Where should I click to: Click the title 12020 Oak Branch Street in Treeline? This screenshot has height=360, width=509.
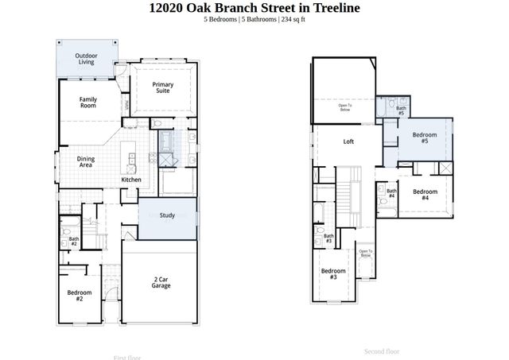click(254, 8)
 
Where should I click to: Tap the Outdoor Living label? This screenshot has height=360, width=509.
click(86, 58)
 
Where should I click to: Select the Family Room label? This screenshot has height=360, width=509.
click(87, 103)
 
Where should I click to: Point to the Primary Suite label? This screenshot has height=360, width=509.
click(164, 87)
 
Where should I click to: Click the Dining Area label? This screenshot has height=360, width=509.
click(86, 162)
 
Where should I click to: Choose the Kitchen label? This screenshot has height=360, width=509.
click(131, 180)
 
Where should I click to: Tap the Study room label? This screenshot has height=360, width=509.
click(167, 215)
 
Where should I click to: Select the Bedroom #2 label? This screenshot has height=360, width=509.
click(80, 296)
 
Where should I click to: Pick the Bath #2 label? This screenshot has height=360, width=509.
click(73, 241)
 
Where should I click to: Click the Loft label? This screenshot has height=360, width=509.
click(348, 142)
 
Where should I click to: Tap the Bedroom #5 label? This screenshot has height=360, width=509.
click(425, 137)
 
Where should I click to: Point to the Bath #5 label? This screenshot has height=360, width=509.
click(402, 110)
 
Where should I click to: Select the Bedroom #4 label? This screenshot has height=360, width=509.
click(425, 195)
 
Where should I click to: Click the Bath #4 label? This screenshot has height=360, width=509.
click(391, 193)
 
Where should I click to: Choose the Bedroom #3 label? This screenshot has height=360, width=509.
click(333, 274)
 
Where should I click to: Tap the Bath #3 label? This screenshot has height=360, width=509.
click(328, 238)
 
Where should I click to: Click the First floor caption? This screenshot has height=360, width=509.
click(126, 357)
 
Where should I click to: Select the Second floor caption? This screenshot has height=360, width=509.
click(382, 350)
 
